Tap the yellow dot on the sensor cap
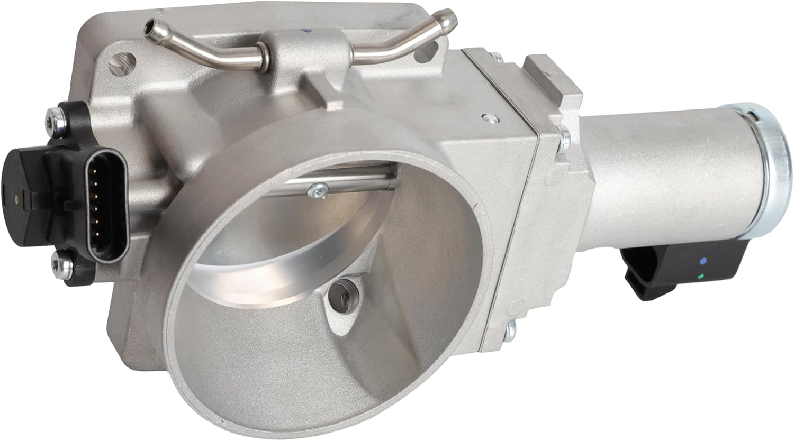19,201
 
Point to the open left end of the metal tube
152,24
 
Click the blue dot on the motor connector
702,261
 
